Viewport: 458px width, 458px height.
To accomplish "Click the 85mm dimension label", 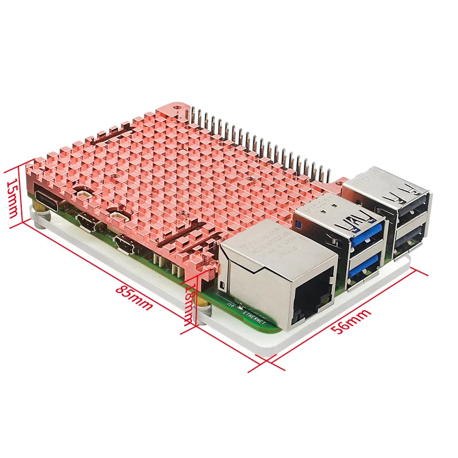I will [x=134, y=297].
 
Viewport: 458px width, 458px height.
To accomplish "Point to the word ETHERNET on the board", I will [x=252, y=315].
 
